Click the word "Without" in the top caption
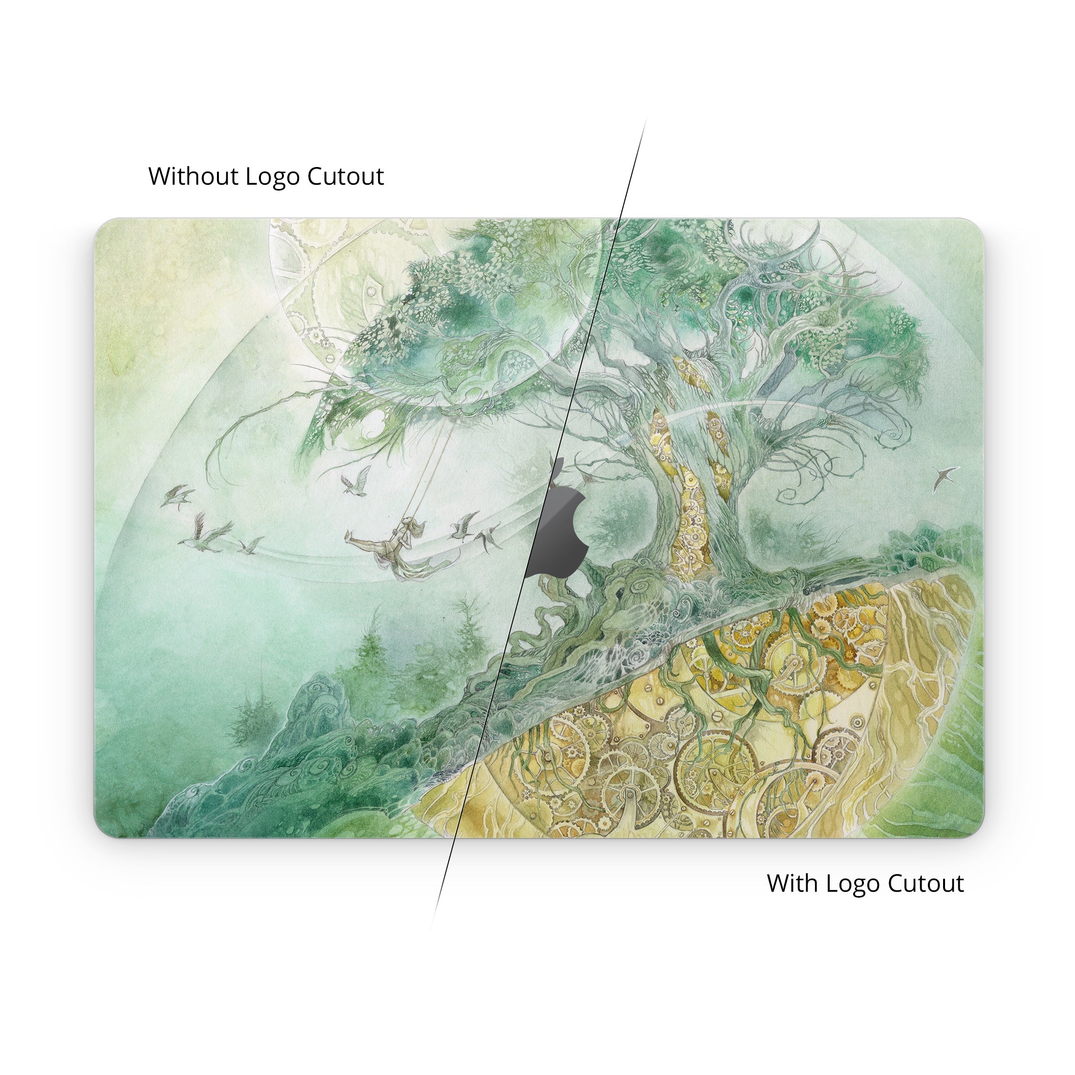[193, 176]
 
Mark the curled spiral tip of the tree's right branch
[791, 493]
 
